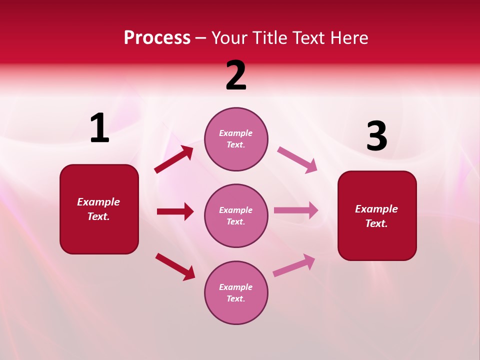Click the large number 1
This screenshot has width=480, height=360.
pos(99,128)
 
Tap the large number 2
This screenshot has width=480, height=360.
pos(236,75)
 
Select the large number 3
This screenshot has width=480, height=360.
pos(376,136)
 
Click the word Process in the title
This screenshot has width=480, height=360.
pos(157,37)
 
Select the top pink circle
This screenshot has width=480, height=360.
pos(236,139)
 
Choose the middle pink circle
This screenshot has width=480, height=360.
pos(236,215)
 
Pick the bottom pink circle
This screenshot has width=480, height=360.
pos(236,292)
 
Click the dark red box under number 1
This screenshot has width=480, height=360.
pos(99,209)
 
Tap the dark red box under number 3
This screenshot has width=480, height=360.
pos(377,215)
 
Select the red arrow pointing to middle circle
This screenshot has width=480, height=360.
pos(175,211)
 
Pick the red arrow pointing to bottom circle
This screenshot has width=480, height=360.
pos(175,266)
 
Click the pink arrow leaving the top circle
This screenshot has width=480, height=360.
pos(297,159)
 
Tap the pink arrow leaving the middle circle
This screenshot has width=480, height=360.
pos(296,210)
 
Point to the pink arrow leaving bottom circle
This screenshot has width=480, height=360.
pos(294,265)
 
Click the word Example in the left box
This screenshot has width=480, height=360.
pos(98,202)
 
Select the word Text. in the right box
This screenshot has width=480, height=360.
pos(376,223)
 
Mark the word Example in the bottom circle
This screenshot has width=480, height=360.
pos(236,287)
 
